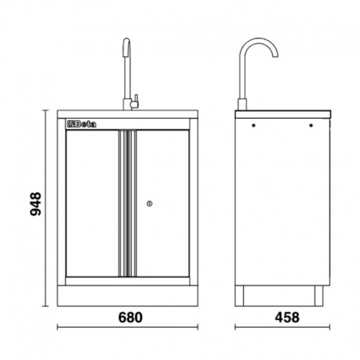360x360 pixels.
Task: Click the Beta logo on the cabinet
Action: click(79, 123)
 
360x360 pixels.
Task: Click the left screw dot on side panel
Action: click(253, 124)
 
